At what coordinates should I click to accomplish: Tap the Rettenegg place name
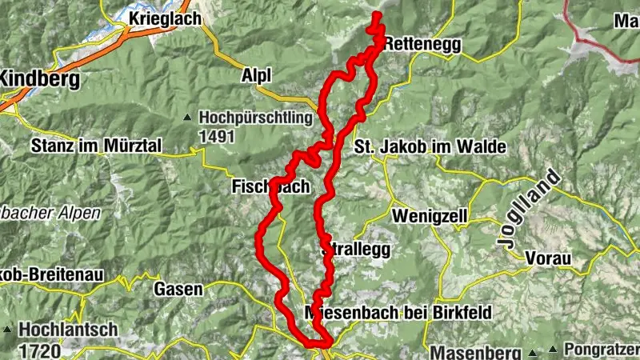[422, 46]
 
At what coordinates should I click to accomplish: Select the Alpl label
[256, 74]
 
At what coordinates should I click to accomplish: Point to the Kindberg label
[40, 79]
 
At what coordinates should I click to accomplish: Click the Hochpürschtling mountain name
[255, 118]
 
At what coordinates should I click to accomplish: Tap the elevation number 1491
[216, 137]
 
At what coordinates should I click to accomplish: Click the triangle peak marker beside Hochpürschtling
[187, 118]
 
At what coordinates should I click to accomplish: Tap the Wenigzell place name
[430, 217]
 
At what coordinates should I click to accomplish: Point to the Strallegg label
[356, 250]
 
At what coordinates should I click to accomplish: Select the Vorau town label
[548, 258]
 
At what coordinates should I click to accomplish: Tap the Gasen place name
[178, 289]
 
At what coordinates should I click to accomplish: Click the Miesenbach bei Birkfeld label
[398, 312]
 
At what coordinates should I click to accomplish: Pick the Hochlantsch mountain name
[69, 329]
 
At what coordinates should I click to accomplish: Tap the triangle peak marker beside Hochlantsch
[7, 330]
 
